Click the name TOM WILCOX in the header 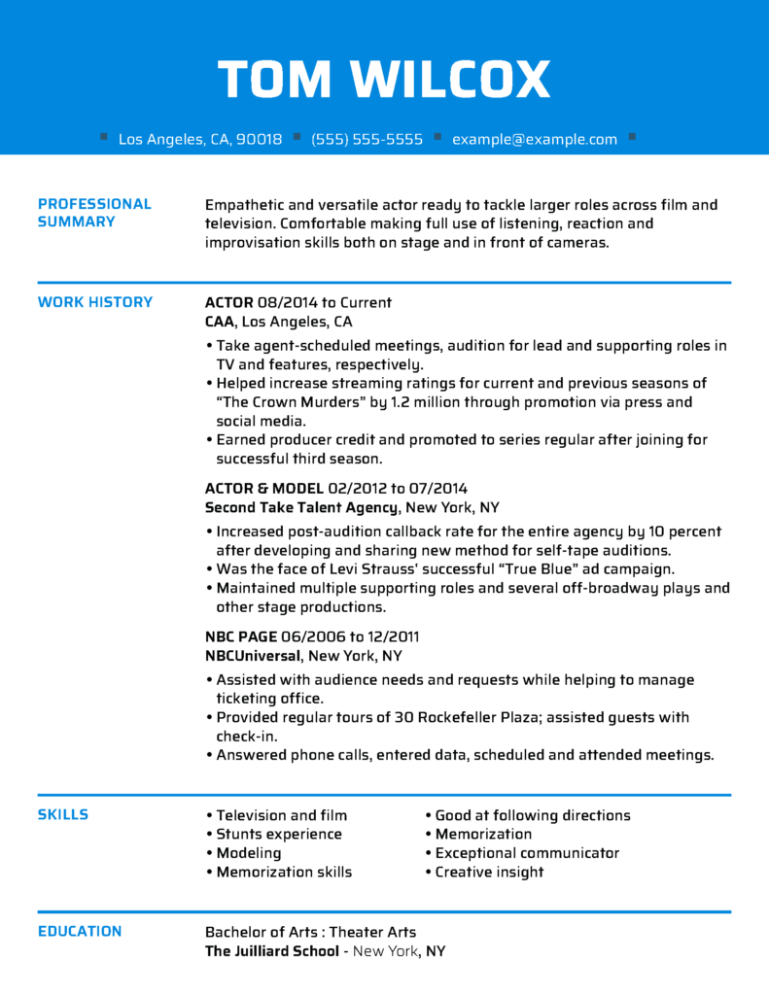tap(384, 80)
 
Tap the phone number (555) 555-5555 tap(367, 139)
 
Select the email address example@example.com tap(534, 139)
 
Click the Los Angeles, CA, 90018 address tap(200, 139)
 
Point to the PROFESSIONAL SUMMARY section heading tap(94, 213)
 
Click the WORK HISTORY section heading tap(95, 302)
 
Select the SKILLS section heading tap(63, 814)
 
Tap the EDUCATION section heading tap(80, 931)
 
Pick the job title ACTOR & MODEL tap(264, 488)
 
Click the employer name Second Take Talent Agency tap(301, 507)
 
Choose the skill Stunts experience tap(279, 834)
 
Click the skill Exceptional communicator tap(527, 853)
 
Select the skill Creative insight tap(489, 872)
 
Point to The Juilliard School tap(271, 951)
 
